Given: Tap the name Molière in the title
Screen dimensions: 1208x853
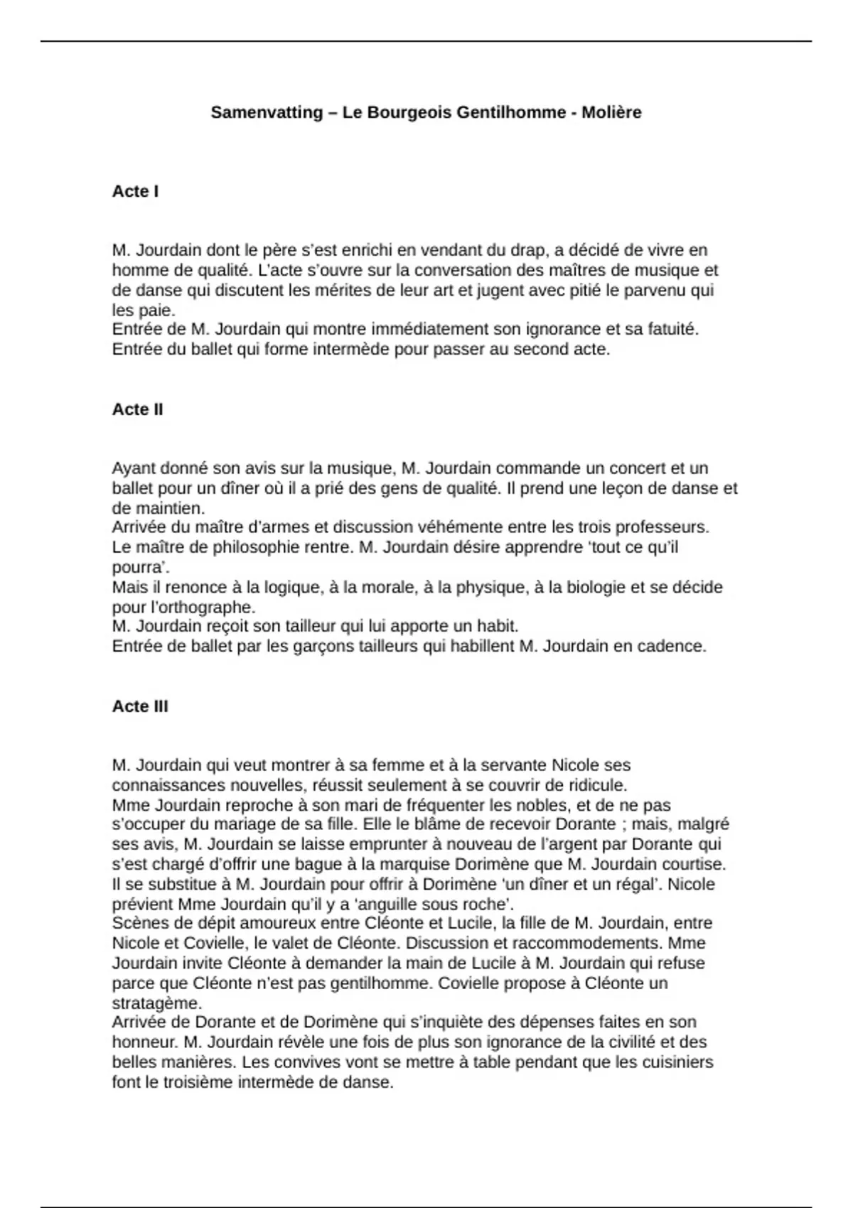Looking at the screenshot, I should pyautogui.click(x=611, y=112).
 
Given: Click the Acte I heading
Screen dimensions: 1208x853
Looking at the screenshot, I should pyautogui.click(x=135, y=191).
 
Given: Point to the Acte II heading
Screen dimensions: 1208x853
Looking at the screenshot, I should pyautogui.click(x=137, y=409).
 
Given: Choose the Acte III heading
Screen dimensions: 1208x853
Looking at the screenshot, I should pyautogui.click(x=140, y=706).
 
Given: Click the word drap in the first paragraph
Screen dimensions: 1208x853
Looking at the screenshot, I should pyautogui.click(x=528, y=250).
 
